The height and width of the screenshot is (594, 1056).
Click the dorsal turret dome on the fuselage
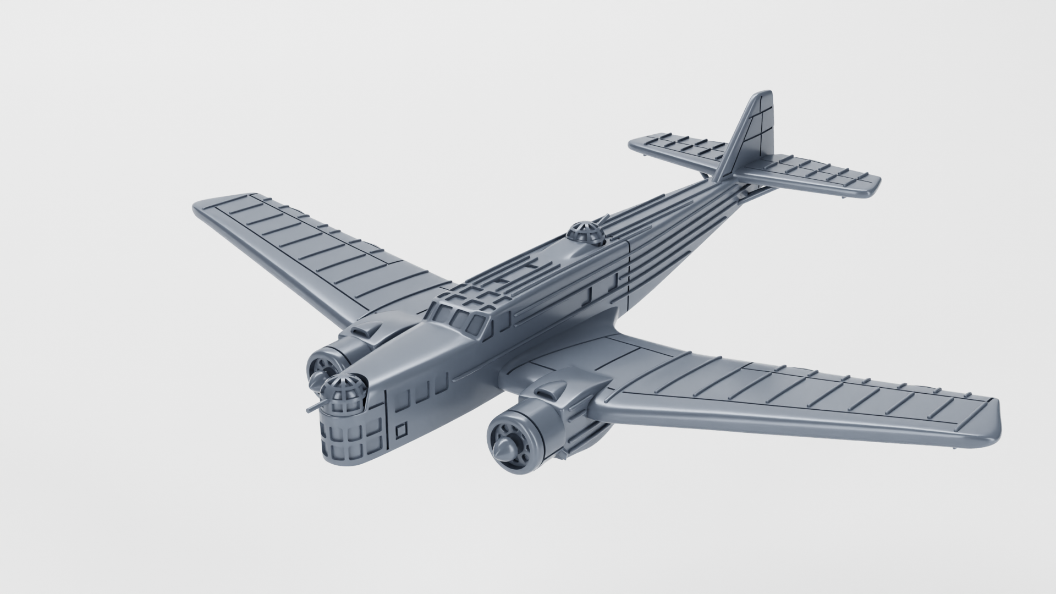(586, 234)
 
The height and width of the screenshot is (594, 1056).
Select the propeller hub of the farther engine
(318, 380)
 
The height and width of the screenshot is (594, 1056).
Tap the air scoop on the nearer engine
(548, 392)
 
